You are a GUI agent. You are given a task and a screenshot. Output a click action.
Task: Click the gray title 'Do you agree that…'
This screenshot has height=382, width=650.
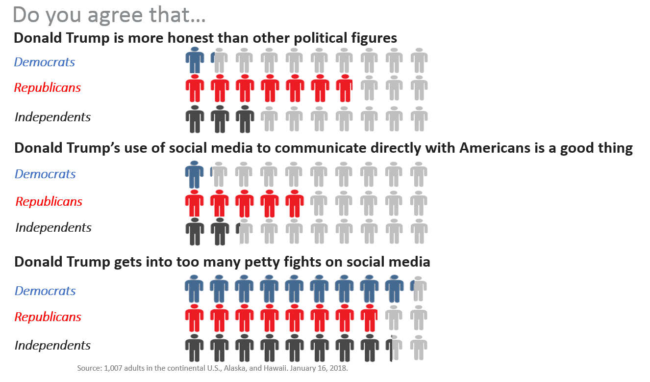point(109,15)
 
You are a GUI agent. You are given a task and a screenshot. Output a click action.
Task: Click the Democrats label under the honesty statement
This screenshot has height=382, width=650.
point(44,62)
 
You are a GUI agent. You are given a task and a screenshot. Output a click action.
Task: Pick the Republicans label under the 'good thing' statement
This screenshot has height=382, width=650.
point(49,201)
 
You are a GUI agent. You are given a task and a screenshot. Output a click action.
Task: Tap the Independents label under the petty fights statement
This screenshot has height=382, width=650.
point(52,345)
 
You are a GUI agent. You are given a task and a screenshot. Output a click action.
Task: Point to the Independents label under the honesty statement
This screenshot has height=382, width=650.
point(52,117)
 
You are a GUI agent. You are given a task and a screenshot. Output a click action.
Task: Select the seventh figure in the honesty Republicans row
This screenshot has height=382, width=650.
point(344,88)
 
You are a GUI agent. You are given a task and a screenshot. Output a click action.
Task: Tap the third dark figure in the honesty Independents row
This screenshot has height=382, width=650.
point(244,119)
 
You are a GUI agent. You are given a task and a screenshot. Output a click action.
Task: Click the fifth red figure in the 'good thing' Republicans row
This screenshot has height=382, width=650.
point(294,203)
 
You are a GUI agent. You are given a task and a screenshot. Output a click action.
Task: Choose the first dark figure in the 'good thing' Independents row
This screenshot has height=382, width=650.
point(195,231)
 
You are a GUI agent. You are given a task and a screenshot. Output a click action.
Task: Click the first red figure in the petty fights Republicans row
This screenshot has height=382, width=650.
point(195,318)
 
